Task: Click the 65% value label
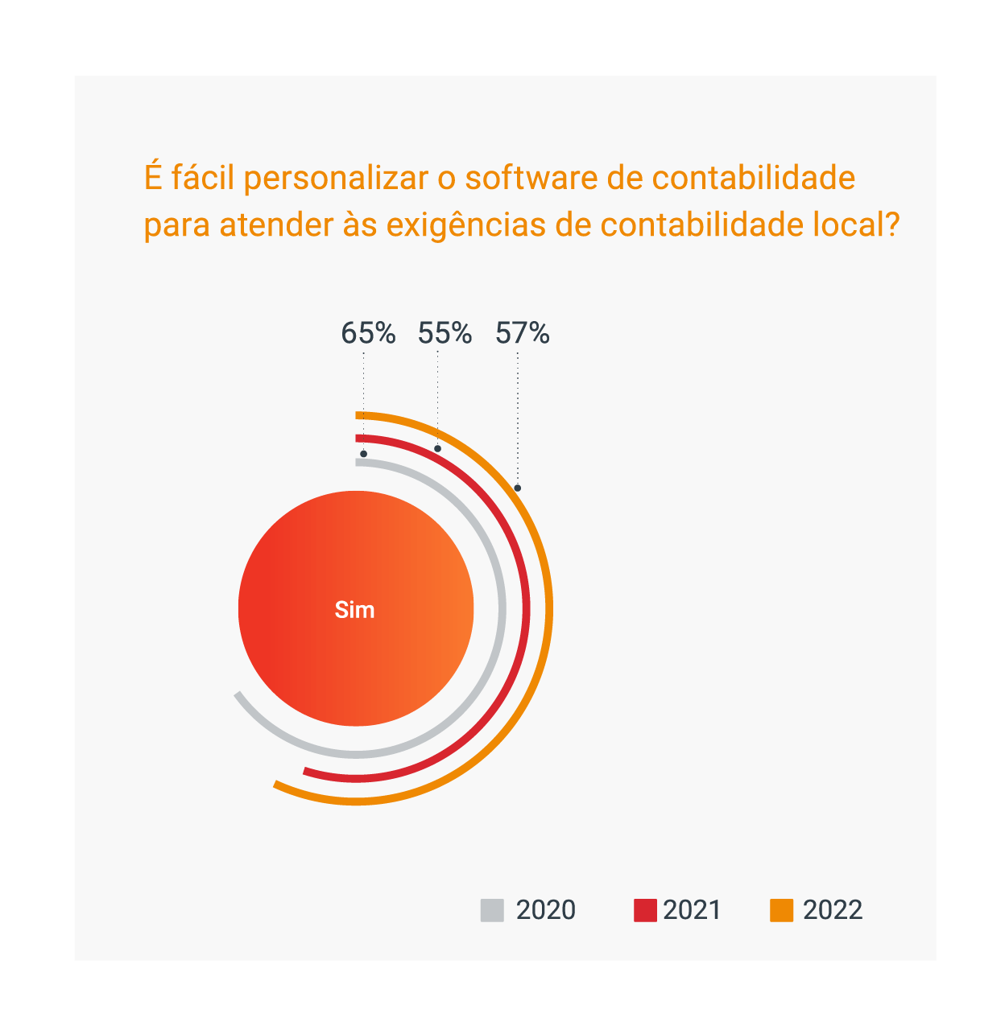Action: tap(368, 333)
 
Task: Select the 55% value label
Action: tap(445, 333)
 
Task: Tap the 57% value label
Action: tap(522, 333)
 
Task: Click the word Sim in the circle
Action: tap(355, 610)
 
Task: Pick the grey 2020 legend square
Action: tap(492, 910)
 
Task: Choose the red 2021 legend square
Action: tap(645, 910)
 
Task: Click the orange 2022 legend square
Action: tap(782, 910)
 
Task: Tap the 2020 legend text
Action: tap(546, 910)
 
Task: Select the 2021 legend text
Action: tap(692, 910)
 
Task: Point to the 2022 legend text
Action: tap(833, 910)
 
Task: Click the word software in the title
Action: tap(531, 178)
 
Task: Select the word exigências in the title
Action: tap(466, 225)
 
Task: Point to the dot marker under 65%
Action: tap(364, 454)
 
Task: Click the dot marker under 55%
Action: tap(437, 448)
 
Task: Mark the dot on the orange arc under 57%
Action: tap(518, 488)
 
